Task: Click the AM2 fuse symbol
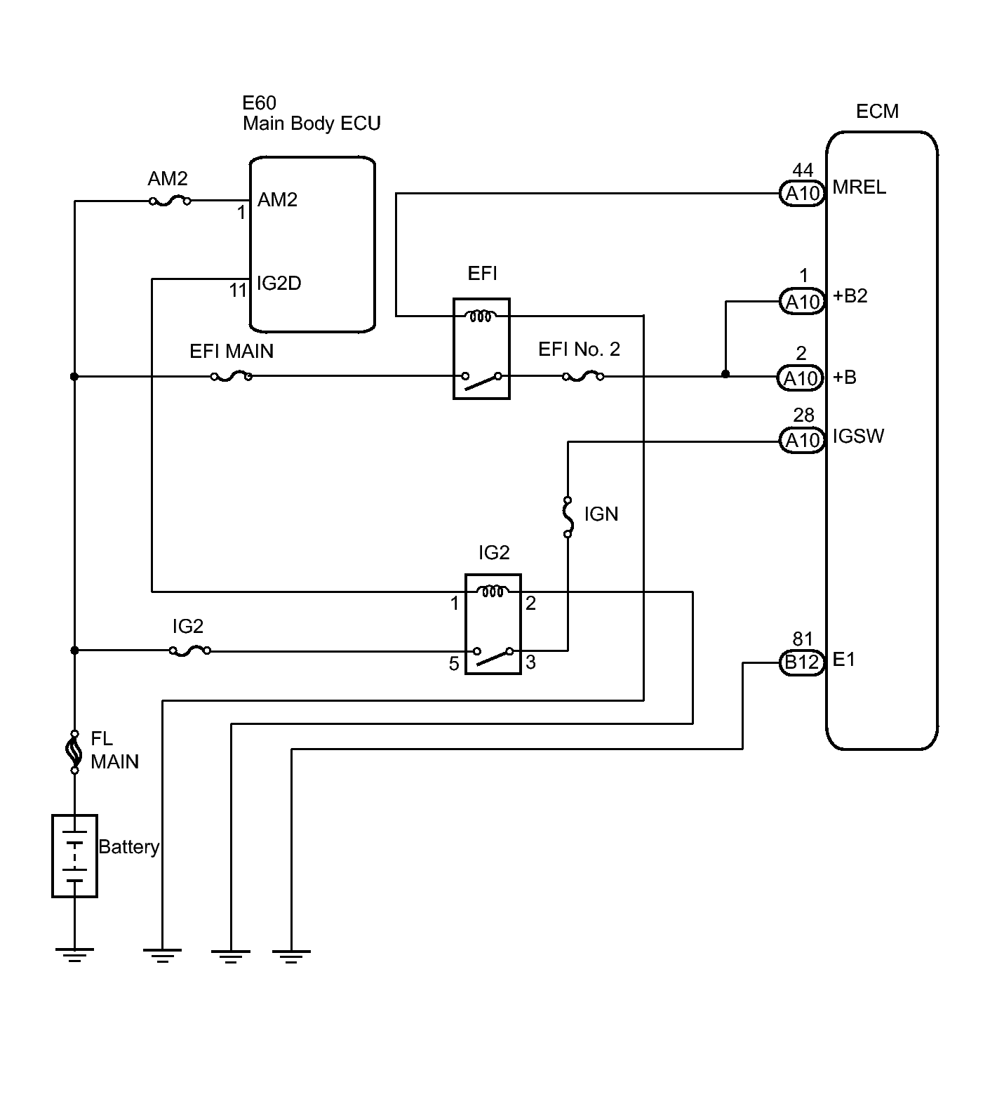coord(170,201)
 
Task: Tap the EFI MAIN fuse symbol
coord(232,377)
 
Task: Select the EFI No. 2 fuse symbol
coord(582,377)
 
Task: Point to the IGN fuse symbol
coord(568,517)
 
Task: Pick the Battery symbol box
coord(74,855)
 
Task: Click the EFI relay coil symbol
coord(482,316)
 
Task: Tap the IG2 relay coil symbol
coord(493,592)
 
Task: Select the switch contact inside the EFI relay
coord(481,380)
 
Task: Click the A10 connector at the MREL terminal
coord(802,193)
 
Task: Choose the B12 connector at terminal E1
coord(802,662)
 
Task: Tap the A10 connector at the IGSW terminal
coord(802,440)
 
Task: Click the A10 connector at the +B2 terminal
coord(802,302)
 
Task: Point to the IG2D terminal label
coord(279,283)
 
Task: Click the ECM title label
coord(877,112)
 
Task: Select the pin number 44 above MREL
coord(803,171)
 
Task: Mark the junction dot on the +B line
coord(725,374)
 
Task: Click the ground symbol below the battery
coord(74,954)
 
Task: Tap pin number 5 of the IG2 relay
coord(454,664)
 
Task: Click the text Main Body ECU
coord(312,124)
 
